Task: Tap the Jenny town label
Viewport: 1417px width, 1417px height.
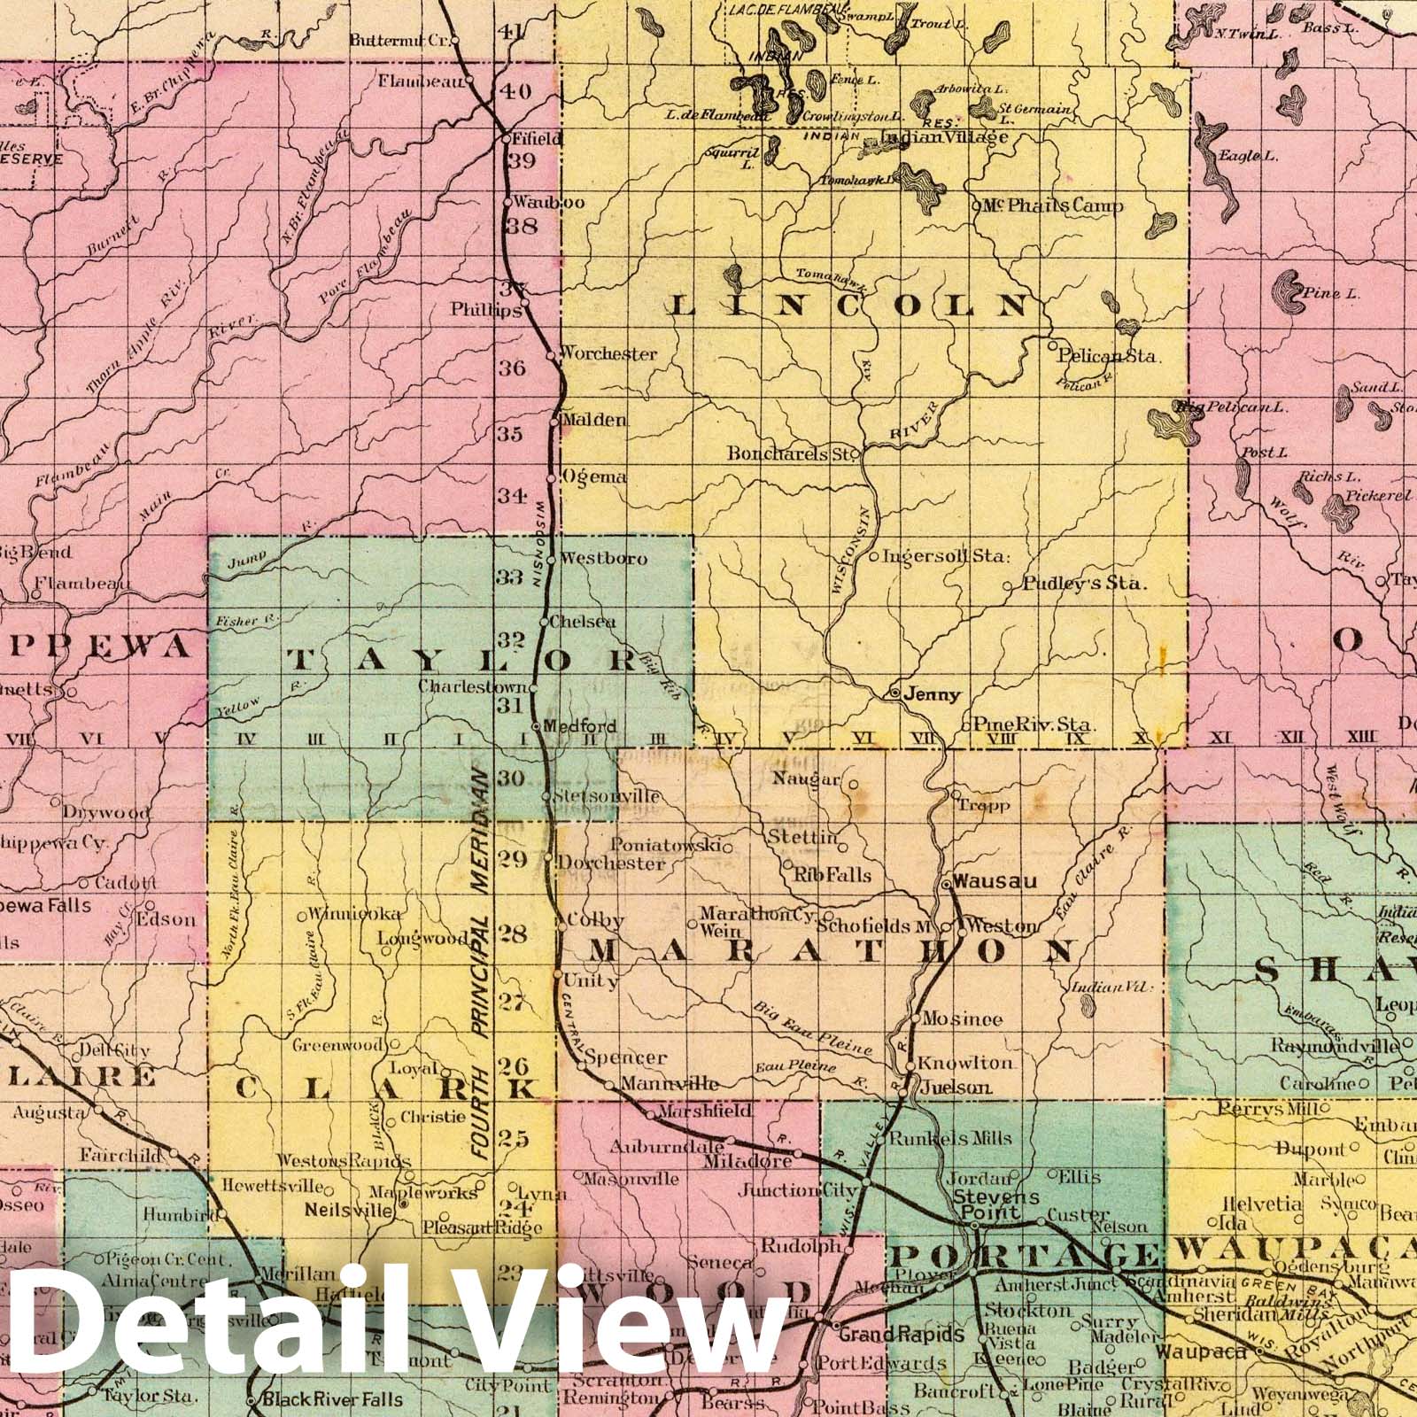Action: (x=932, y=695)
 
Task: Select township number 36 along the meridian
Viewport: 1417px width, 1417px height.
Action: (x=511, y=368)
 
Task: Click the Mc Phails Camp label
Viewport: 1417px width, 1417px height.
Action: (x=1054, y=205)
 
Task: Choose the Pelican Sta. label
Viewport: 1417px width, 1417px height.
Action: (x=1109, y=357)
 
